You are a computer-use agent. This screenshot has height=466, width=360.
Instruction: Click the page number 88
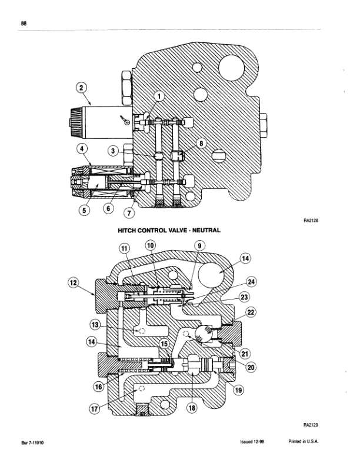[x=24, y=23]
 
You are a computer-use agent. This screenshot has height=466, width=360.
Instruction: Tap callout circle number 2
[x=82, y=88]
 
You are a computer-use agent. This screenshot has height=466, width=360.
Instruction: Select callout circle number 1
[x=159, y=96]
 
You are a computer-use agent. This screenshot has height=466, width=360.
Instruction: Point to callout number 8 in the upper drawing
[x=201, y=143]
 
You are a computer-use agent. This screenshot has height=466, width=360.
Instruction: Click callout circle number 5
[x=84, y=211]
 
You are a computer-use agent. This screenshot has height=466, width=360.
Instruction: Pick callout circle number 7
[x=129, y=213]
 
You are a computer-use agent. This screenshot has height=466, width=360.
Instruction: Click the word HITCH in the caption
[x=127, y=230]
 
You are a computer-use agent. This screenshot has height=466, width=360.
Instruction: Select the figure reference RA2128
[x=311, y=221]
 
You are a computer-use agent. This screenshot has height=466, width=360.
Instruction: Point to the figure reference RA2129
[x=311, y=425]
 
